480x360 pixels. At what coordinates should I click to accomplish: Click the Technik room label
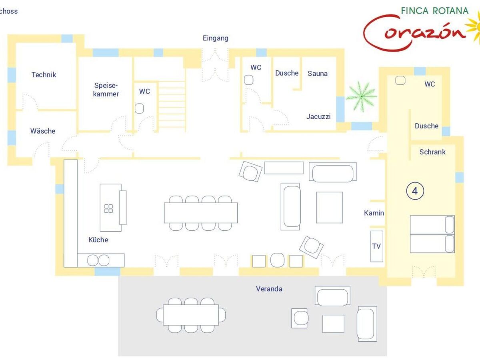click(x=44, y=75)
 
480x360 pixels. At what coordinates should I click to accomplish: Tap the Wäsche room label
click(x=43, y=131)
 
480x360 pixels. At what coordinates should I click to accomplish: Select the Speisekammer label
click(x=106, y=90)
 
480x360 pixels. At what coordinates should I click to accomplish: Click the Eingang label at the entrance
click(x=215, y=38)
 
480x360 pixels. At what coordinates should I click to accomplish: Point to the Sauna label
click(x=318, y=74)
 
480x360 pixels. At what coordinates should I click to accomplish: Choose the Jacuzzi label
click(x=318, y=116)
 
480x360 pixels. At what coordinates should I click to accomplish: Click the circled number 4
click(x=415, y=191)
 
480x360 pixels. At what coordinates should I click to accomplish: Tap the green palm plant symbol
click(x=361, y=96)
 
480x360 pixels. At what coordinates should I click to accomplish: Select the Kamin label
click(x=374, y=213)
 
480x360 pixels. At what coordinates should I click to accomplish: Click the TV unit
click(x=376, y=246)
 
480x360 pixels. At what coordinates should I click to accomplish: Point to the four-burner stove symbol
click(x=109, y=208)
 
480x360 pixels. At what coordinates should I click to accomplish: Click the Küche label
click(x=98, y=240)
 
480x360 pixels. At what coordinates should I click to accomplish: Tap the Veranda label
click(x=269, y=289)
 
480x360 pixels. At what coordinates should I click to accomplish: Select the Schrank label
click(x=432, y=152)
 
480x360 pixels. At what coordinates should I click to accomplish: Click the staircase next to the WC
click(x=172, y=107)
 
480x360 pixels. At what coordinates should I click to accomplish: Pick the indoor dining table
click(x=201, y=213)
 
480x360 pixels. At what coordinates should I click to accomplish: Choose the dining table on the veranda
click(x=191, y=315)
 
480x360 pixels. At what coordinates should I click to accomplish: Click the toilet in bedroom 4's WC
click(x=400, y=80)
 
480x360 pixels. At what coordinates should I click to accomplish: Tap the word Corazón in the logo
click(x=414, y=33)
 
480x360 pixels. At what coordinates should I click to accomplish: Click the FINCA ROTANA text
click(x=435, y=11)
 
